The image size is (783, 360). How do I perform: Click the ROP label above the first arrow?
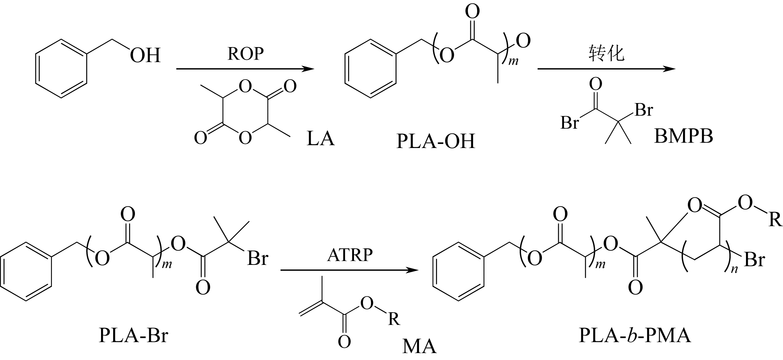[x=246, y=54]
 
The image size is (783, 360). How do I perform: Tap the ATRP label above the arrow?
[x=350, y=255]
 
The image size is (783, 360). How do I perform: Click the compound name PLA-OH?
[x=435, y=141]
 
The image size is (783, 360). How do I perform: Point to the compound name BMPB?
[x=684, y=136]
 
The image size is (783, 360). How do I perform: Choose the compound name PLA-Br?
[x=133, y=335]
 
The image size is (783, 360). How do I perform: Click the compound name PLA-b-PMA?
[x=635, y=335]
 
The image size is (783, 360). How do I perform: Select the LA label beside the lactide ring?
[x=320, y=138]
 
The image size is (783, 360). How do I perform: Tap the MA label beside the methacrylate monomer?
[x=419, y=346]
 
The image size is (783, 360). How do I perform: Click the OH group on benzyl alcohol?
[x=145, y=55]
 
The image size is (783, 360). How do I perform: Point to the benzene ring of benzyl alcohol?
[x=61, y=68]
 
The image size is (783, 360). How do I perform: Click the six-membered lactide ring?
[x=245, y=112]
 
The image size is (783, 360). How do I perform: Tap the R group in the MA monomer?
[x=394, y=319]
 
